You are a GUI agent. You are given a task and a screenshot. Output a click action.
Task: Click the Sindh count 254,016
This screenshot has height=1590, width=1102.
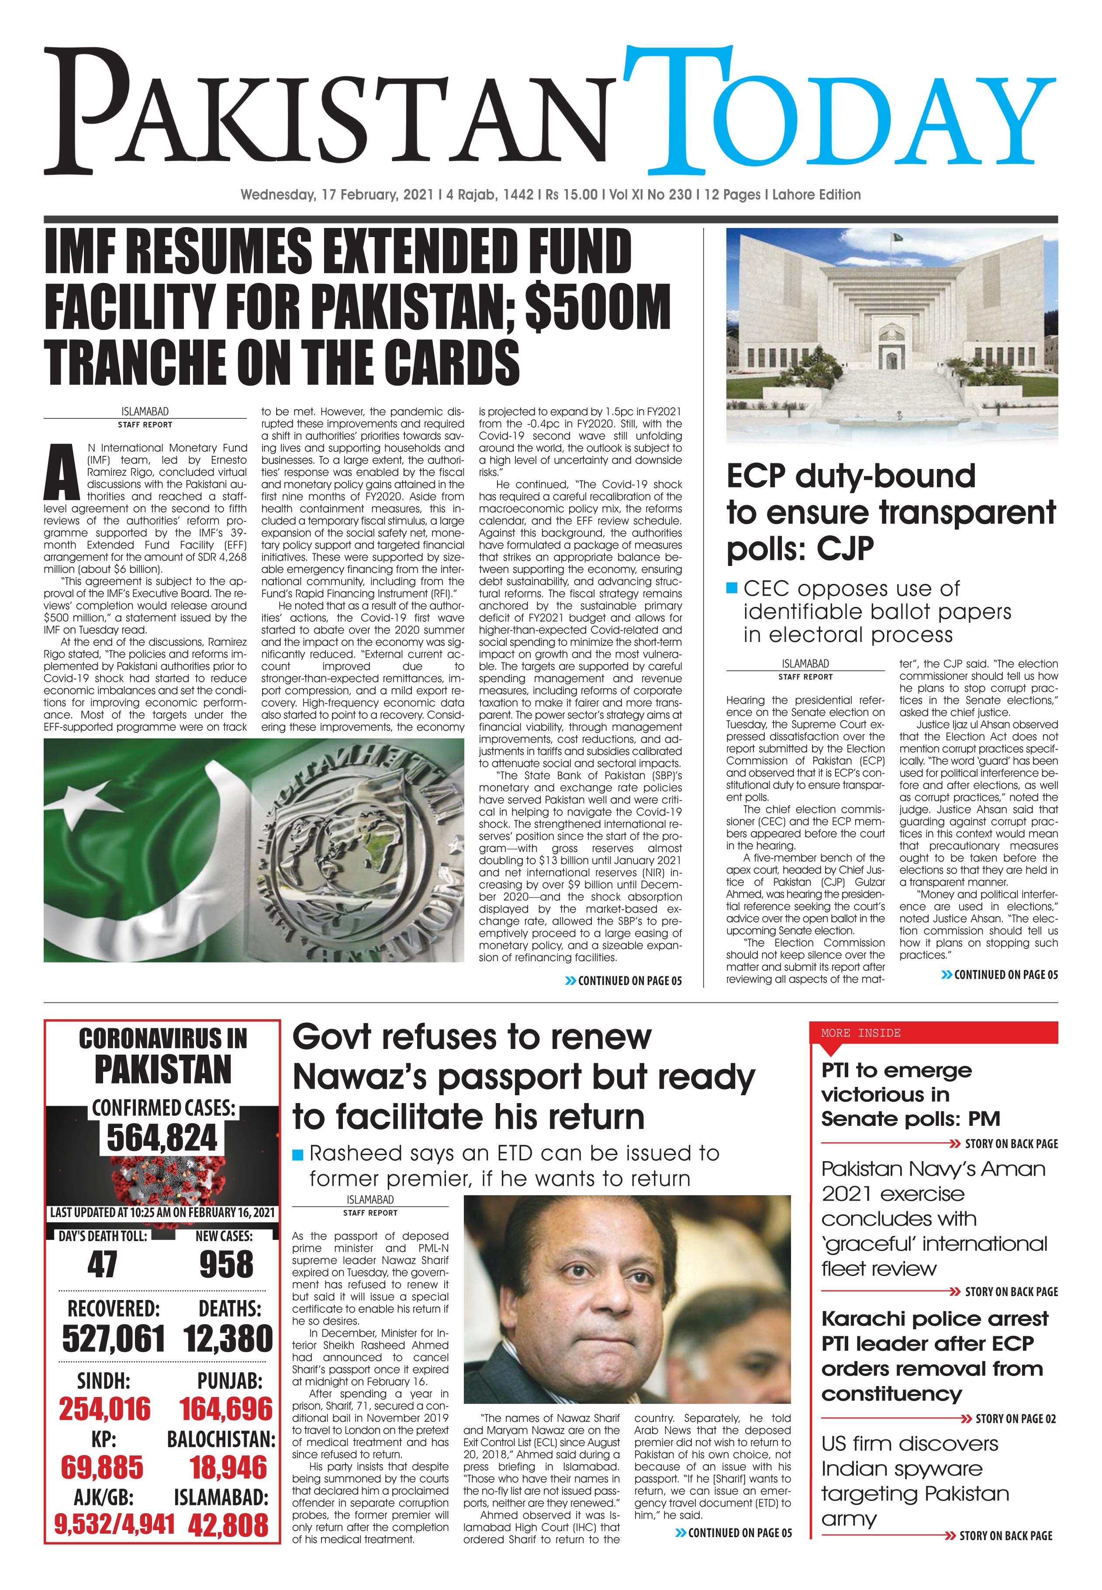tap(104, 1408)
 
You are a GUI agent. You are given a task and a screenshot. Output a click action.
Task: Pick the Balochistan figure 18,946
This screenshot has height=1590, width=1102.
tap(228, 1467)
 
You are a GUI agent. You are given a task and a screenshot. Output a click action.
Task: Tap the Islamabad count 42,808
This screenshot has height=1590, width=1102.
tap(228, 1524)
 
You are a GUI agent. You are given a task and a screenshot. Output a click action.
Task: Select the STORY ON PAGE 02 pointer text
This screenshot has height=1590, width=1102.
tap(1015, 1418)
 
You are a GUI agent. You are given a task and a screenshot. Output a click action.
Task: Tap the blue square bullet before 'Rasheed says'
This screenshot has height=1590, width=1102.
tap(297, 1154)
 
